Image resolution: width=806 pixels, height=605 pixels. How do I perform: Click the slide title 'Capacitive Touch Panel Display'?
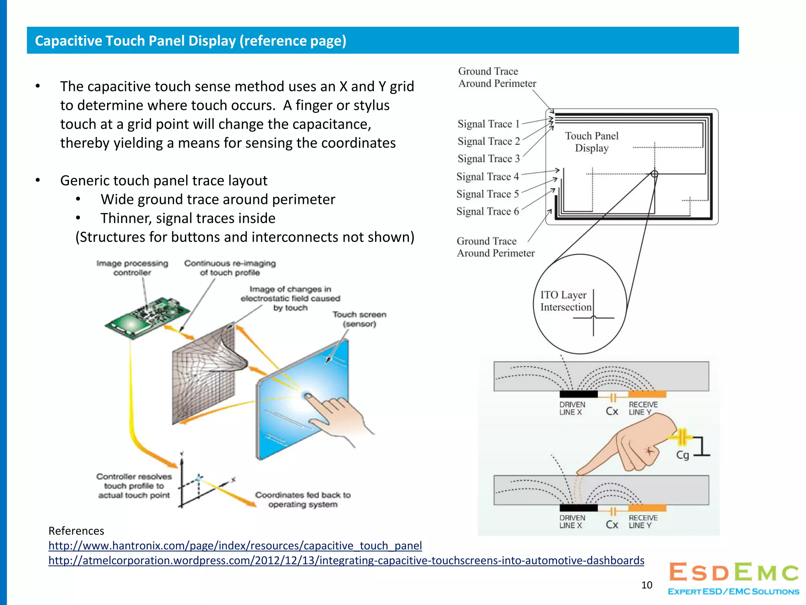pyautogui.click(x=190, y=41)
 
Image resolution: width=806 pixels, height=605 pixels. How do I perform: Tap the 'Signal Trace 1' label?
pyautogui.click(x=488, y=124)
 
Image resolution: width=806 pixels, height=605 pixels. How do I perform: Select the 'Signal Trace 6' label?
pyautogui.click(x=488, y=212)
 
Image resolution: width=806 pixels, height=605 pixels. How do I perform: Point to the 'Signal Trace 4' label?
pyautogui.click(x=488, y=177)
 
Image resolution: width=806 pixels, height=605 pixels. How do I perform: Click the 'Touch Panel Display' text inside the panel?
pyautogui.click(x=592, y=142)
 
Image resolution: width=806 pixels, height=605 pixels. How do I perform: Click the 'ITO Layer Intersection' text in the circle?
pyautogui.click(x=565, y=301)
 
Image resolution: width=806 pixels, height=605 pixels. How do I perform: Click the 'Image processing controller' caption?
pyautogui.click(x=132, y=268)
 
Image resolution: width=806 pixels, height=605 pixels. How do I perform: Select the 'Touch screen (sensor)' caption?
pyautogui.click(x=359, y=319)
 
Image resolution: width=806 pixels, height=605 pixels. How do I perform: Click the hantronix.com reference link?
pyautogui.click(x=235, y=546)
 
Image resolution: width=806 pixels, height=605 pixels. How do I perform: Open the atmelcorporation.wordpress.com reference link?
pyautogui.click(x=346, y=560)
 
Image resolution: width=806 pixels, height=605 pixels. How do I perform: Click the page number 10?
pyautogui.click(x=647, y=585)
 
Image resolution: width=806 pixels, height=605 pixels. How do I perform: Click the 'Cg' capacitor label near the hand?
pyautogui.click(x=682, y=455)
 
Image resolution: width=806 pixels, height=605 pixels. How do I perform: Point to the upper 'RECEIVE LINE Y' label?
pyautogui.click(x=643, y=408)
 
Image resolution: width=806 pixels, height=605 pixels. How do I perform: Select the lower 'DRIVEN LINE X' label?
pyautogui.click(x=572, y=521)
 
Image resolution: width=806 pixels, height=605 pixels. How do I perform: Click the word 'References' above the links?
pyautogui.click(x=76, y=531)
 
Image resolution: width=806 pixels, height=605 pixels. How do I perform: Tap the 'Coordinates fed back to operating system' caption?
pyautogui.click(x=303, y=499)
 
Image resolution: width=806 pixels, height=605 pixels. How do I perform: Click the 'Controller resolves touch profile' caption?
pyautogui.click(x=134, y=486)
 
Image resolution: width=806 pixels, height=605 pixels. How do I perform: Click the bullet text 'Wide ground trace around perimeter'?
pyautogui.click(x=218, y=199)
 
